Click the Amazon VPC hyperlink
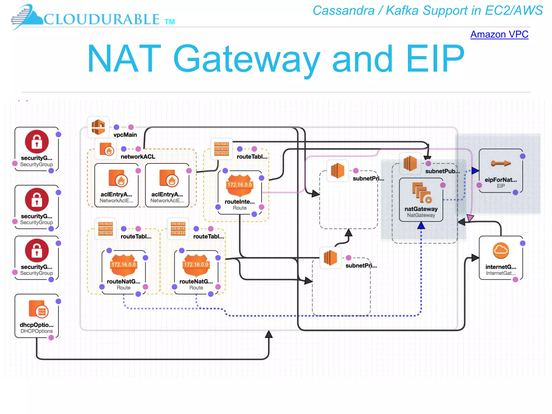tap(499, 34)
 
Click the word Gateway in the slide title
tap(246, 59)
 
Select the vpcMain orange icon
tap(98, 127)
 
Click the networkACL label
tap(138, 157)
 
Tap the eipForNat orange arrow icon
tap(501, 163)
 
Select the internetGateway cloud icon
tap(501, 250)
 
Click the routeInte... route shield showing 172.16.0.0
tap(240, 185)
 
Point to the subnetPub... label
tap(442, 171)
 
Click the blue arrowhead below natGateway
tap(421, 225)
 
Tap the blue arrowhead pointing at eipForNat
tap(475, 171)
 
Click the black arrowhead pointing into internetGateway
tap(475, 258)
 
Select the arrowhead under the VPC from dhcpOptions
tap(269, 334)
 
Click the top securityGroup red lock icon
tap(37, 142)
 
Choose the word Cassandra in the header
tap(343, 11)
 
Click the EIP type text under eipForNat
tap(501, 186)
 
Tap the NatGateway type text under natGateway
tap(421, 215)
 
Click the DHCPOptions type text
tap(37, 331)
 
